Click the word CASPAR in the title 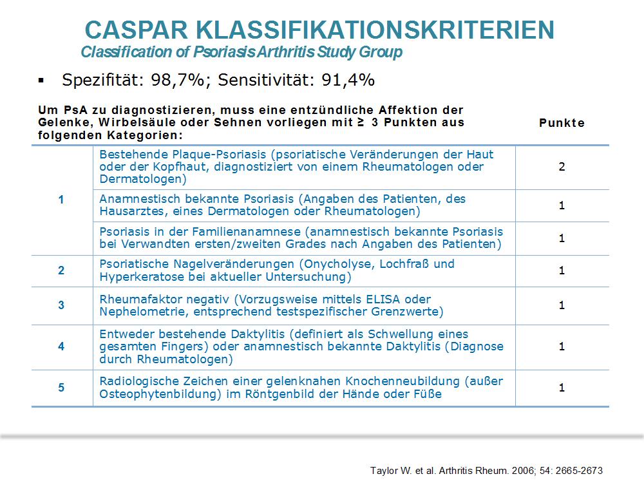point(137,30)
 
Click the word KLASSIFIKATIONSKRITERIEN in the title point(375,30)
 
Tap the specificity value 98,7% point(178,80)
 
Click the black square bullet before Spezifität point(41,80)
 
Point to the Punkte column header point(562,123)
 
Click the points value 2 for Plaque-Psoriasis point(562,167)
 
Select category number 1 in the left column point(61,200)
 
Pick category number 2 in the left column point(61,270)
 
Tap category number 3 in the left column point(61,305)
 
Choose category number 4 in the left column point(61,346)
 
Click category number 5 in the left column point(61,387)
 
